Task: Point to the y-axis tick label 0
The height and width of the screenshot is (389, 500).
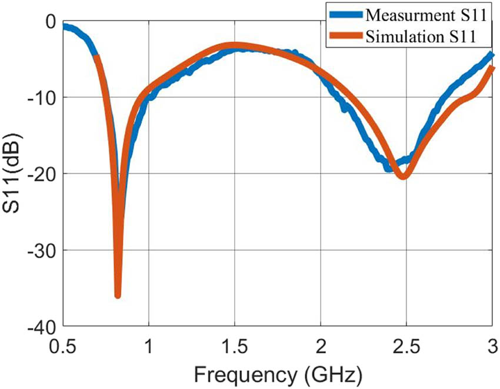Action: click(x=50, y=22)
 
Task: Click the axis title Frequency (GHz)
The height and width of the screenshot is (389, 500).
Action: click(x=277, y=373)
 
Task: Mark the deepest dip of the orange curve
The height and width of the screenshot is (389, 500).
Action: click(x=118, y=295)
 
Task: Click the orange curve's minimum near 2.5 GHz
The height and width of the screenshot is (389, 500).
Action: click(x=404, y=176)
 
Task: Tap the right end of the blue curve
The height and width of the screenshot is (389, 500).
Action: click(x=491, y=55)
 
